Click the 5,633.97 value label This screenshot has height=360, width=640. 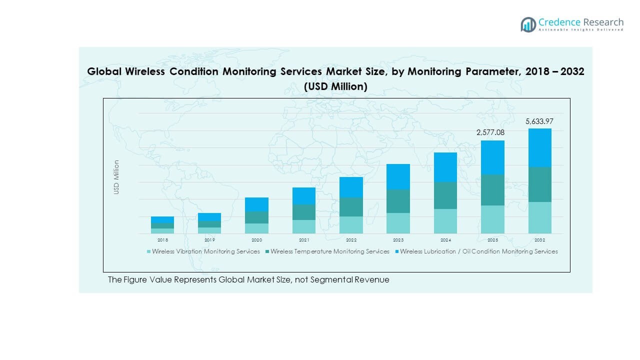click(x=539, y=121)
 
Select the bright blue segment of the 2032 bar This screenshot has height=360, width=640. click(x=539, y=147)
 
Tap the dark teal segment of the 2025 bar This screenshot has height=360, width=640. click(x=492, y=190)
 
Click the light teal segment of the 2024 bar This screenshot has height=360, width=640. click(x=445, y=221)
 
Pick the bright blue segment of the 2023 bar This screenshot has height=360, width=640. click(x=398, y=176)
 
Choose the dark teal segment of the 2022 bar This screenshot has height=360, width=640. click(x=351, y=207)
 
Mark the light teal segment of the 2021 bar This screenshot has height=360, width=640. click(x=304, y=226)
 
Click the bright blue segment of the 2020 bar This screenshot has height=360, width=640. click(x=257, y=204)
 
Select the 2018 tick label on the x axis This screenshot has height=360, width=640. click(x=162, y=240)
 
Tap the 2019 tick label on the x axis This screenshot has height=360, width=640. click(x=209, y=240)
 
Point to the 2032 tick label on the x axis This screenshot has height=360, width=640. click(x=539, y=240)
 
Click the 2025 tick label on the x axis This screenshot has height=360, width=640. click(x=492, y=240)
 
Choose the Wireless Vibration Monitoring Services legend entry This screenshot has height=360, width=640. click(x=205, y=251)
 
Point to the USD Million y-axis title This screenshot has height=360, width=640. click(x=116, y=177)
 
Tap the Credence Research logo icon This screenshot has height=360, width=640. click(x=528, y=24)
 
